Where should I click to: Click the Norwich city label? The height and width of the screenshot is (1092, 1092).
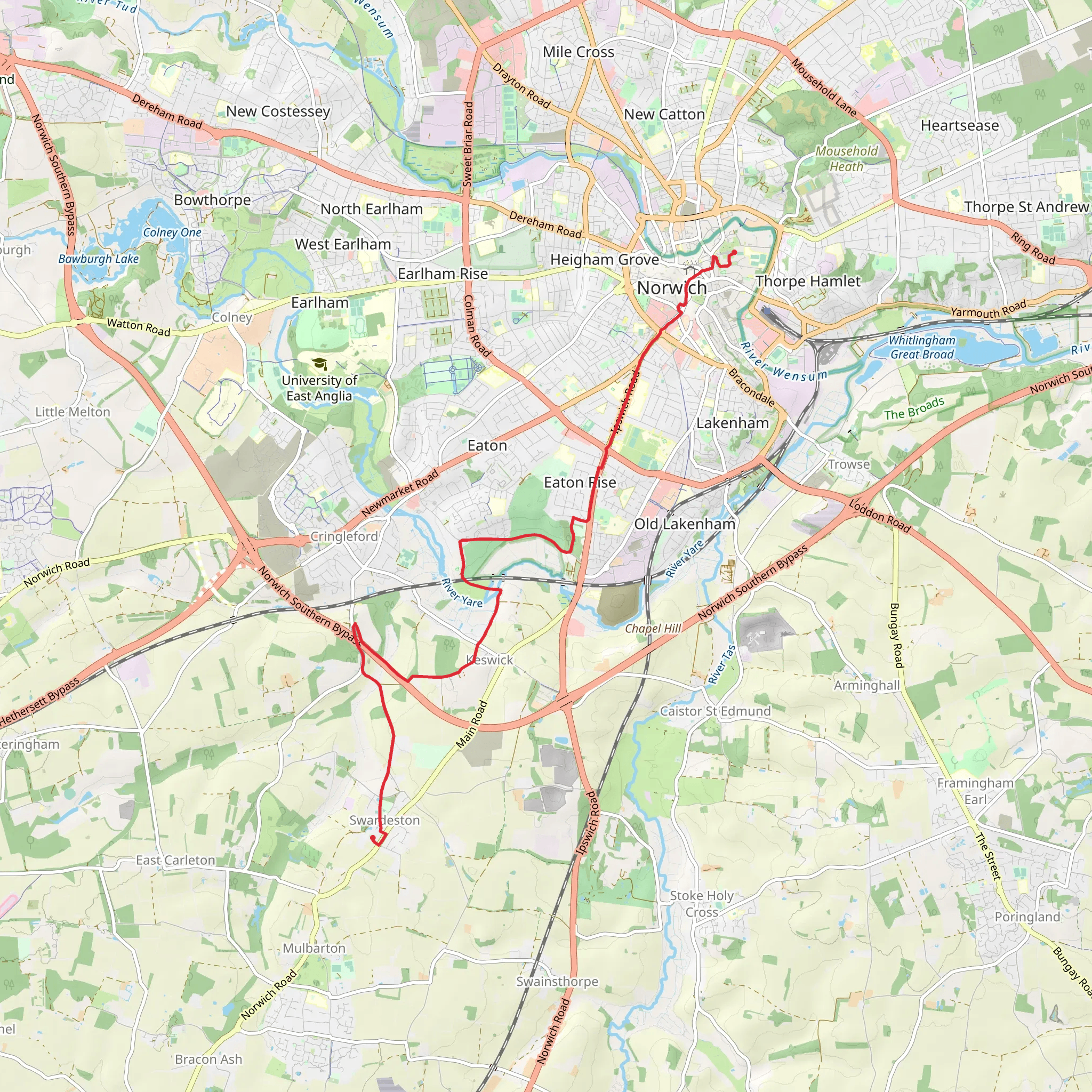click(x=671, y=288)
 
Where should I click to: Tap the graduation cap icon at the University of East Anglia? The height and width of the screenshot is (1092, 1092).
click(x=319, y=364)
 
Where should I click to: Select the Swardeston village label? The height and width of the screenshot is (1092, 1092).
click(x=384, y=820)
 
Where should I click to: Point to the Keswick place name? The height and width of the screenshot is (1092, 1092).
click(x=489, y=660)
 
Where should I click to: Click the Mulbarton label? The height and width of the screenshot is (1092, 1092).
click(x=314, y=949)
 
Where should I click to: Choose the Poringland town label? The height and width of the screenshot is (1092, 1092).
click(x=1027, y=917)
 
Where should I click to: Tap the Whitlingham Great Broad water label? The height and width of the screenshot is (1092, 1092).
click(x=921, y=347)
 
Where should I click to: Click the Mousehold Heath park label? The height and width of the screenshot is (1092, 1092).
click(x=846, y=159)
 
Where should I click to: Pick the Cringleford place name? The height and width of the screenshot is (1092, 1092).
click(x=344, y=536)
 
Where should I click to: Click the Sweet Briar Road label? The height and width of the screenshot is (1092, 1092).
click(x=468, y=144)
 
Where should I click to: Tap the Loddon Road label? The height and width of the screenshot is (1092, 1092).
click(x=879, y=516)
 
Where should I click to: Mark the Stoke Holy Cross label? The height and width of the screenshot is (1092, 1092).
click(x=702, y=904)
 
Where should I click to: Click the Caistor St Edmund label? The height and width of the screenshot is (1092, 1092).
click(x=715, y=711)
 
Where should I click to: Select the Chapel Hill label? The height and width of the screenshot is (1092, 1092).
click(x=653, y=629)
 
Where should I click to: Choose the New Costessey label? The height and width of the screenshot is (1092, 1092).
click(x=278, y=111)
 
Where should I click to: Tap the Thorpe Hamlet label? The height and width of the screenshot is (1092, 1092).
click(x=808, y=281)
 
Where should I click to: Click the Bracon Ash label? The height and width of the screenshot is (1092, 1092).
click(x=208, y=1059)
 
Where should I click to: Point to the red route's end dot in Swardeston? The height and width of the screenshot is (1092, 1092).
click(x=373, y=838)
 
